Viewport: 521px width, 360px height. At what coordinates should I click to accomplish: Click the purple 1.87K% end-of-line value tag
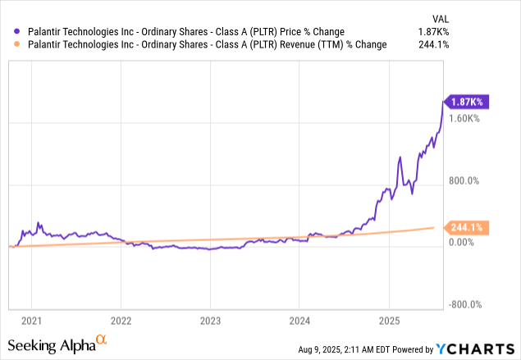(x=467, y=102)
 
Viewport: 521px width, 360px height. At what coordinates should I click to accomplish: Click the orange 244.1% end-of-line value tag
(x=466, y=227)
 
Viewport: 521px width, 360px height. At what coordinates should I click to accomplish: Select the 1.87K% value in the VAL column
(x=495, y=31)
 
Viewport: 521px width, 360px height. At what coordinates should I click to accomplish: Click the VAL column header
(x=500, y=17)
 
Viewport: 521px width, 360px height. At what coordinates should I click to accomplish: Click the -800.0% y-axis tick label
(x=464, y=305)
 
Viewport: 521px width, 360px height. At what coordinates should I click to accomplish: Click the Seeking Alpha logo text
(x=54, y=344)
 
